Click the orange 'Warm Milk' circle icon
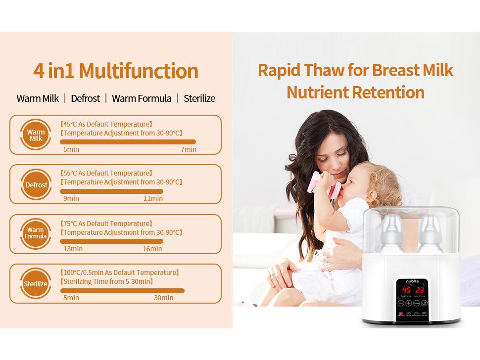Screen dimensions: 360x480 pos(36,135)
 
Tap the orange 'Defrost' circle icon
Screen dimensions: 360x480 pos(36,184)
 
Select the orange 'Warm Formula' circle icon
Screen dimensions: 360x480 pos(36,233)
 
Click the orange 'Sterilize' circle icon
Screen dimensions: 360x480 pos(36,283)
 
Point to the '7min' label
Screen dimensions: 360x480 pos(189,149)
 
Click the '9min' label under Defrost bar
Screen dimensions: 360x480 pos(71,198)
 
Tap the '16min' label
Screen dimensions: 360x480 pos(152,249)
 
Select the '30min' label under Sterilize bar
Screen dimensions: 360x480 pos(163,298)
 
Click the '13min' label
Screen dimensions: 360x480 pos(73,249)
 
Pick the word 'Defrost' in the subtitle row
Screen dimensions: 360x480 pos(85,98)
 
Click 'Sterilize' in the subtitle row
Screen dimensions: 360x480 pos(199,98)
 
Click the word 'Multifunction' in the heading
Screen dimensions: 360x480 pos(139,71)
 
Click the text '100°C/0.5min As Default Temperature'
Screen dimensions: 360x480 pos(119,272)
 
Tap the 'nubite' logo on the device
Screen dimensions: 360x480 pos(412,281)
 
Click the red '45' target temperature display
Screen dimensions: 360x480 pos(406,290)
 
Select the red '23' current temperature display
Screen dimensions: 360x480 pos(419,290)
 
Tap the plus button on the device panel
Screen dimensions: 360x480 pos(409,303)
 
